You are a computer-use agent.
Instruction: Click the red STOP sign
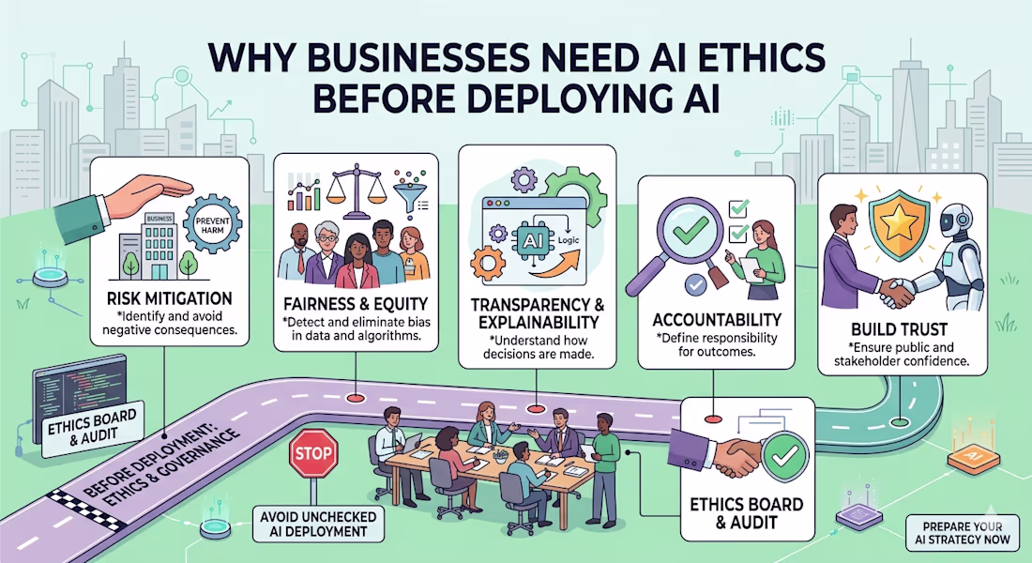313,453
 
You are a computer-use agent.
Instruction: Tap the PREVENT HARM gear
213,226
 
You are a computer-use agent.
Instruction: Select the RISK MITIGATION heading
169,298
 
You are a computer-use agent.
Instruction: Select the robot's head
956,223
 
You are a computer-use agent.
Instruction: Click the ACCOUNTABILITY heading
717,320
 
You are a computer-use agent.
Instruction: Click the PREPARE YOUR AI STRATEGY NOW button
962,533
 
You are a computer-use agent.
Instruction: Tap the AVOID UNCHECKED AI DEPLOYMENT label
318,525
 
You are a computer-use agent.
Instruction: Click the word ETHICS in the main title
751,58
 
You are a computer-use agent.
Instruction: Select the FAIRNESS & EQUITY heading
356,304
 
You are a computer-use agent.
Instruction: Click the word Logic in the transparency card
568,240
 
